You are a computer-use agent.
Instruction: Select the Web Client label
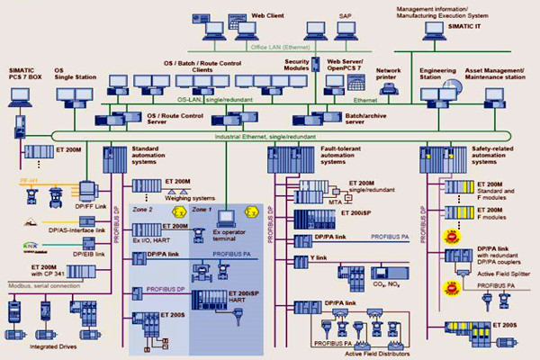click(x=268, y=15)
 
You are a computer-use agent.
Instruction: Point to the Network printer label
click(x=389, y=73)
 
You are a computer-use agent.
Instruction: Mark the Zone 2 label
click(x=142, y=209)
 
